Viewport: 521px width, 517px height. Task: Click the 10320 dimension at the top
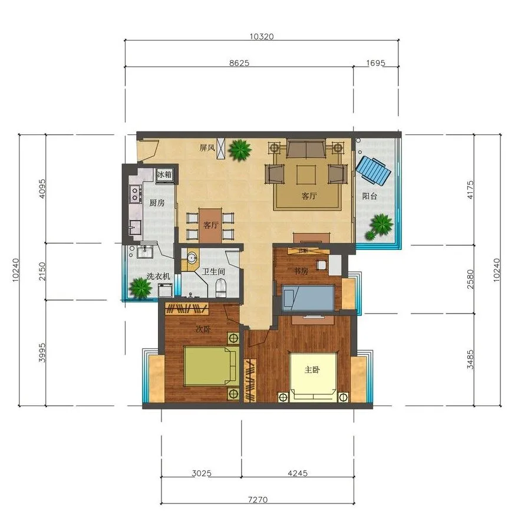pos(262,37)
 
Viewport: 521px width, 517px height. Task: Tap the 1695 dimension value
pos(375,62)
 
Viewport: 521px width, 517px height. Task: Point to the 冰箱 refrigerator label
pos(164,174)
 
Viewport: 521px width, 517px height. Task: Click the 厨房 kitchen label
pos(156,203)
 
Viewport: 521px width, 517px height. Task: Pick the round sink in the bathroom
pos(192,258)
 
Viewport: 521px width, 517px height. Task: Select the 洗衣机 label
pos(158,276)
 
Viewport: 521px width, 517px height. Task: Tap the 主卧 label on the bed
pos(312,370)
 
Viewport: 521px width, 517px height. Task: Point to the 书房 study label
pos(301,271)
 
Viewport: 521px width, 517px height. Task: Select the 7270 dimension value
pos(258,499)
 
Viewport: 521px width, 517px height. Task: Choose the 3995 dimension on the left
pos(42,352)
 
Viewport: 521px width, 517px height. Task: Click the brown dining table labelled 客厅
pos(210,225)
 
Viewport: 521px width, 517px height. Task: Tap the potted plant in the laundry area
pos(140,287)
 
